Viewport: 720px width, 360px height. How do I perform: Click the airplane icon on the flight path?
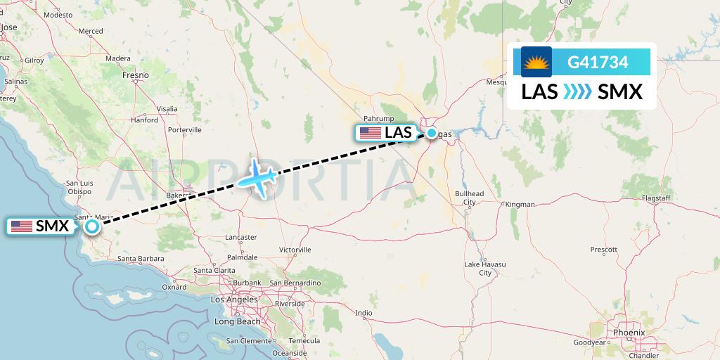[257, 176]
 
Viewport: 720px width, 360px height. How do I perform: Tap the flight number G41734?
[598, 62]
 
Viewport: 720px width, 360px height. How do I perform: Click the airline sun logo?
[536, 62]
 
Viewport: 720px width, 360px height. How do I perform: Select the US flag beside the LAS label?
[370, 132]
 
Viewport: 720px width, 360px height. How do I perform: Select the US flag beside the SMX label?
[21, 226]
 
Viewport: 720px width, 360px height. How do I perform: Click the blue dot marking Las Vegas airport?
[431, 132]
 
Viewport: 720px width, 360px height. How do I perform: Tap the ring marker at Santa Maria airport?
[92, 226]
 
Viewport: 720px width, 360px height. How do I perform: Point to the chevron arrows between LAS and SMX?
[577, 92]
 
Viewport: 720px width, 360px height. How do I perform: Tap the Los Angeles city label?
[234, 300]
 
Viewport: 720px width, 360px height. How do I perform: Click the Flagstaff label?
[656, 198]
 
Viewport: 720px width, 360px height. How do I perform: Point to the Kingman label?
[520, 204]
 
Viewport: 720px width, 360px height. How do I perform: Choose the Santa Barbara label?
[141, 259]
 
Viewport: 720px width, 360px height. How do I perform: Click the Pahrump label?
[379, 118]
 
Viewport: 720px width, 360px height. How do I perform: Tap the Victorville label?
[295, 250]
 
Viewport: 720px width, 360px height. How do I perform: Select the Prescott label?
[603, 250]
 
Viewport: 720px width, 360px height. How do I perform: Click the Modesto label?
[58, 14]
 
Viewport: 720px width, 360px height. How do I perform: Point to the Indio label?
[364, 313]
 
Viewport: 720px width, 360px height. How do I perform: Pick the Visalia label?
[167, 109]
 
